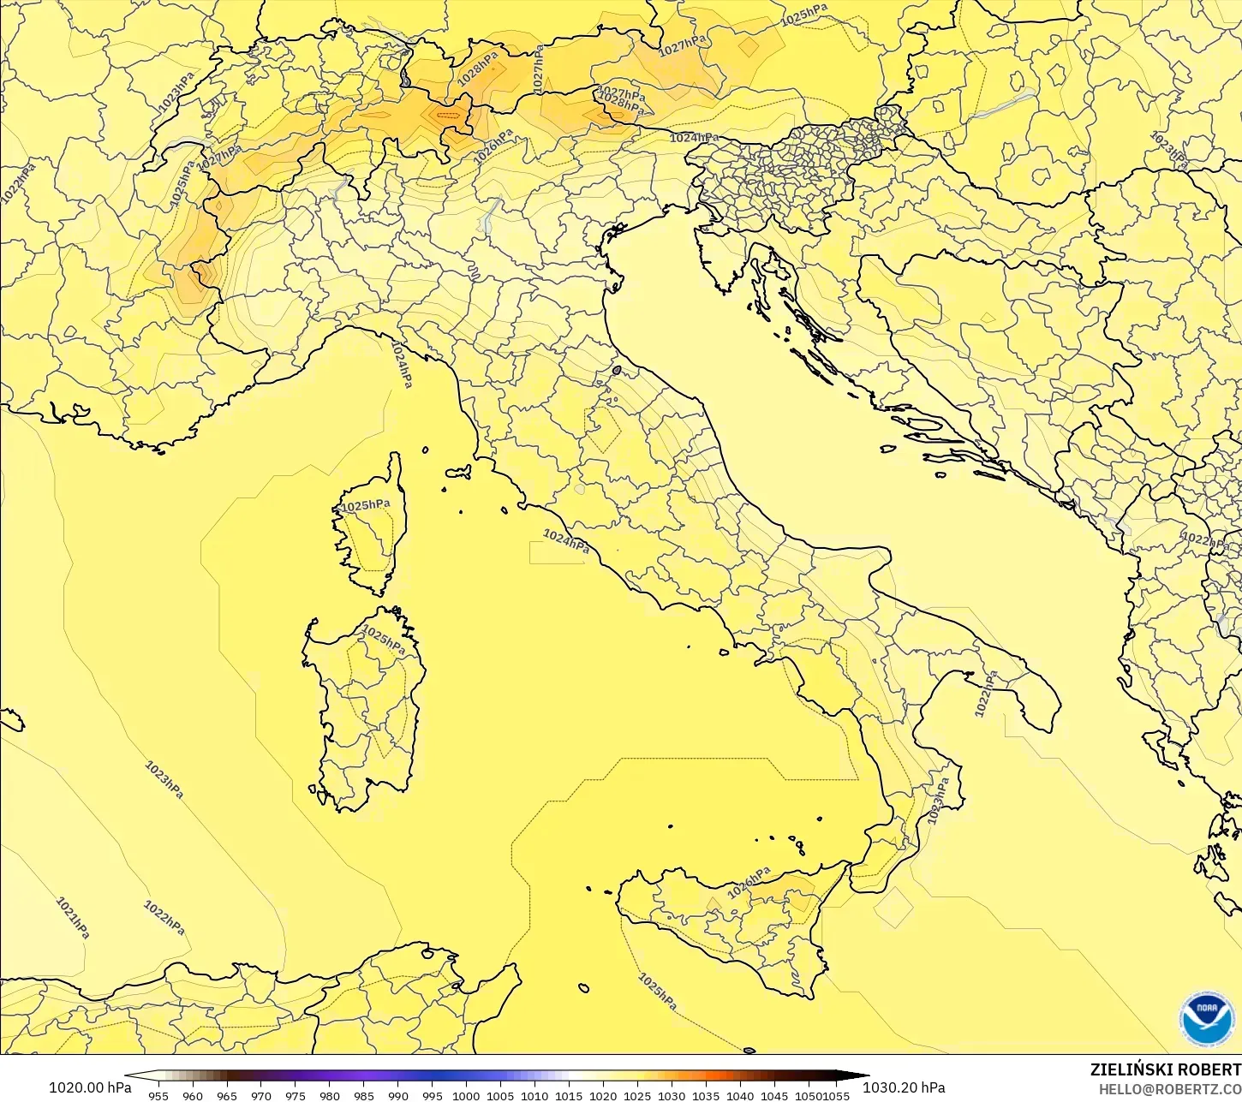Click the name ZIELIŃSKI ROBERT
pos(1165,1070)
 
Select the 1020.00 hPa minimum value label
pos(89,1087)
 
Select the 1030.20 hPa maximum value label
pos(904,1087)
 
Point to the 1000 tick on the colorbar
pos(466,1095)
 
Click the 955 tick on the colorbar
pos(158,1095)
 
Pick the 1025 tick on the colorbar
pos(637,1095)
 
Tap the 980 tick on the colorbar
pos(330,1095)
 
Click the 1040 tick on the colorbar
pos(740,1095)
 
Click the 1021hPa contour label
pos(73,917)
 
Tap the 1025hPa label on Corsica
pos(366,505)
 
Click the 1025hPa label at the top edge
pos(804,14)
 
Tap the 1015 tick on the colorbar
pos(569,1095)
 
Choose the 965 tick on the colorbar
pos(226,1095)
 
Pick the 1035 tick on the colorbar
pos(706,1095)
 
